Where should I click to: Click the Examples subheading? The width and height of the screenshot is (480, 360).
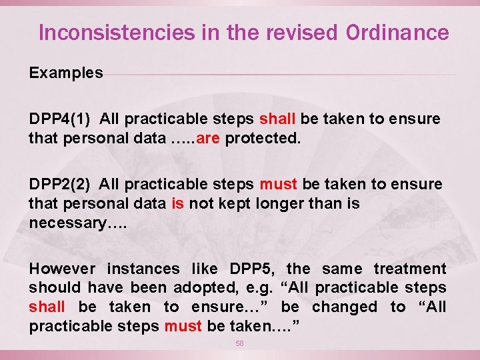coord(66,73)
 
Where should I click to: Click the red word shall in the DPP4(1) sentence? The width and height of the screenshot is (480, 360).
coord(277,119)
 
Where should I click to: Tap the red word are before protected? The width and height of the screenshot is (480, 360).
coord(209,139)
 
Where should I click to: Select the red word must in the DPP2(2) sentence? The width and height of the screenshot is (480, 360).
coord(279,185)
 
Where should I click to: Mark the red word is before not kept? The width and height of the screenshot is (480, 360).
coord(177,204)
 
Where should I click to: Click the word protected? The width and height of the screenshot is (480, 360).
coord(263,139)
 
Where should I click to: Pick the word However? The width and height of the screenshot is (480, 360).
coord(61,269)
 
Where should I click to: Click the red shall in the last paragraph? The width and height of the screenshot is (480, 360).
coord(47,307)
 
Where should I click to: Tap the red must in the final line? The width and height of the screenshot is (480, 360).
coord(183,327)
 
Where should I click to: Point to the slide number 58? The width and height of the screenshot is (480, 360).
coord(239,343)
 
